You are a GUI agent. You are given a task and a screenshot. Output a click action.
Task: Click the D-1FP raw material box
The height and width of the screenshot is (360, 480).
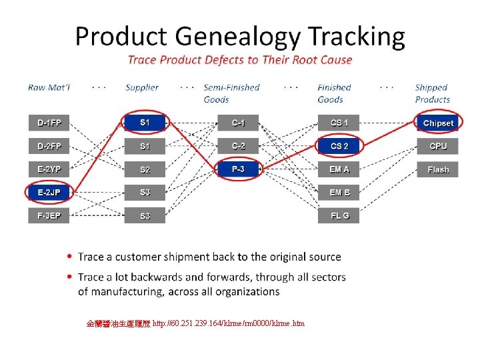[x=49, y=123]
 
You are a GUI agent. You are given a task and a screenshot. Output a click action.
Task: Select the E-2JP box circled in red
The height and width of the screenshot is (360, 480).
[x=49, y=193]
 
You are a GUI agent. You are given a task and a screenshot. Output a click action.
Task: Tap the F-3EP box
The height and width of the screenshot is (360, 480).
[x=49, y=216]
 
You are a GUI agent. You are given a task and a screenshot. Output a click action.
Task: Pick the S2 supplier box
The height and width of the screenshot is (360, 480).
[x=145, y=169]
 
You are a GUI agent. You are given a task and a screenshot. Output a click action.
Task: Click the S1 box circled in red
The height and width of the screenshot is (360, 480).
[x=145, y=123]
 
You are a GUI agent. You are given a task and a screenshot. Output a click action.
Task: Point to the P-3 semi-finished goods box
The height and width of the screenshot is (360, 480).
[x=238, y=169]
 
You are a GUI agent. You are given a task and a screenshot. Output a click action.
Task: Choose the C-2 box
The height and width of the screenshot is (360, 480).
[x=238, y=146]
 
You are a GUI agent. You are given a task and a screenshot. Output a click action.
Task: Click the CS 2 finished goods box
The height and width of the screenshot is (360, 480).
[x=339, y=146]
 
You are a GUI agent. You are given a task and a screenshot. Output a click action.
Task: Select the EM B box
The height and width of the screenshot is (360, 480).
[x=339, y=193]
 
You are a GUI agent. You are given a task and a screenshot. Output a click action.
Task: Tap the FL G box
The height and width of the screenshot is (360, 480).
[x=339, y=216]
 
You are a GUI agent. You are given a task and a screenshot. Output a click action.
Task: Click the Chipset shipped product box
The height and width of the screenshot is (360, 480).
[x=438, y=123]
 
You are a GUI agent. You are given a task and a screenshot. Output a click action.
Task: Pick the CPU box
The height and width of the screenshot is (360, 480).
[x=438, y=146]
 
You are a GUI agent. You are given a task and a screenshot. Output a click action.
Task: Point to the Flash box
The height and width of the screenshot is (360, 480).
[x=438, y=169]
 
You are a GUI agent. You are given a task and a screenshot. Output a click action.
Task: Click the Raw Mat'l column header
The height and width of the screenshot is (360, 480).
[x=49, y=87]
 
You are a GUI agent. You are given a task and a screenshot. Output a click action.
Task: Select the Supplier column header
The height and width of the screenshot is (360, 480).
[x=142, y=87]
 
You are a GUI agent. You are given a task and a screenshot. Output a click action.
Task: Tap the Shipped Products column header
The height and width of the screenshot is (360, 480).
[x=432, y=93]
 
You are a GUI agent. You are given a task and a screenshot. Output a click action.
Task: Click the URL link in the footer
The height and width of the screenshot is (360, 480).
[x=229, y=323]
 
